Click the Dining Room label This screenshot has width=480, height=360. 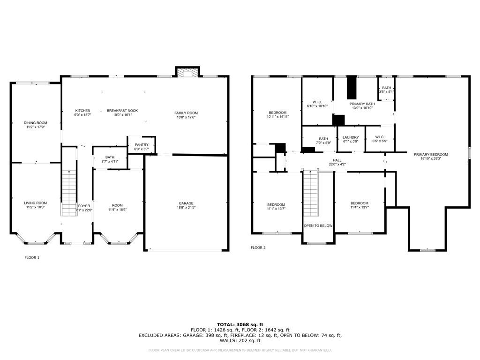[x=36, y=123]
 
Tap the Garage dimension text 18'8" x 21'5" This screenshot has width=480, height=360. [x=186, y=208]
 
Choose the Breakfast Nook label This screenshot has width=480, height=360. [x=122, y=111]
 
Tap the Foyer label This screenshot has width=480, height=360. [x=84, y=206]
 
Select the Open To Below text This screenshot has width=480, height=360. [x=318, y=226]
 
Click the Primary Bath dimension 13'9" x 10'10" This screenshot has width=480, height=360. [x=362, y=108]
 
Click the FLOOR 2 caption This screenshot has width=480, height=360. [x=258, y=247]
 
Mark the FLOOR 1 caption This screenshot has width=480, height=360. [x=32, y=257]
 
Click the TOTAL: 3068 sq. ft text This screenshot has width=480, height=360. [x=240, y=324]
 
